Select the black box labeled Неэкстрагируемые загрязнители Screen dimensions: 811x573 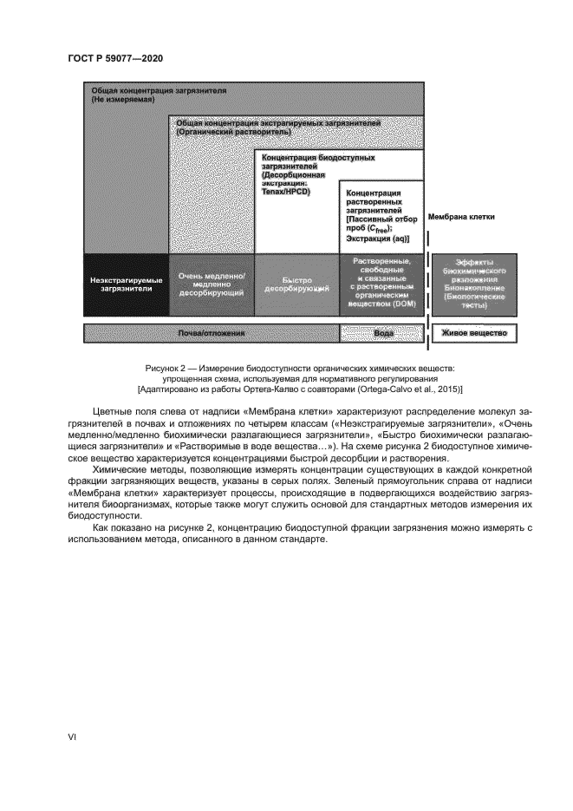coord(126,285)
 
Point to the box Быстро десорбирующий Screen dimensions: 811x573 coord(296,285)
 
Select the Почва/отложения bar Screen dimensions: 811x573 coord(211,332)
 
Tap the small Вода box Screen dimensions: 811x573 coord(382,332)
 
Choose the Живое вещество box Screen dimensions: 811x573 coord(473,332)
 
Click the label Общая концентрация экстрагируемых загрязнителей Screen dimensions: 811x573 coord(277,127)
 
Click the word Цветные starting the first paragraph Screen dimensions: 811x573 coord(111,410)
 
